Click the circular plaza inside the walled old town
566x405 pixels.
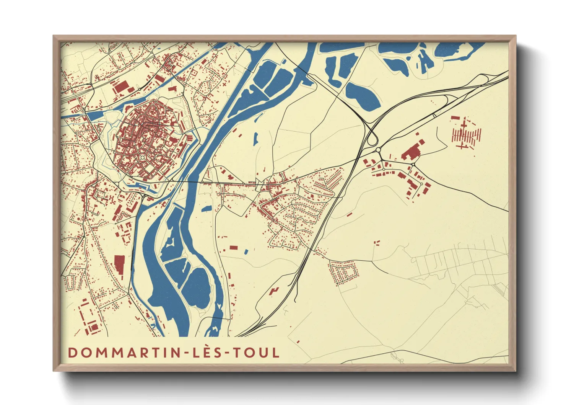[142, 157]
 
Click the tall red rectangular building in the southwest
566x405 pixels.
[119, 265]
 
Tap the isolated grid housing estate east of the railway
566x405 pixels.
[343, 273]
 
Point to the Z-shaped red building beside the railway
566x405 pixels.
[274, 291]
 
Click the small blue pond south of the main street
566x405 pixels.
[207, 209]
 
